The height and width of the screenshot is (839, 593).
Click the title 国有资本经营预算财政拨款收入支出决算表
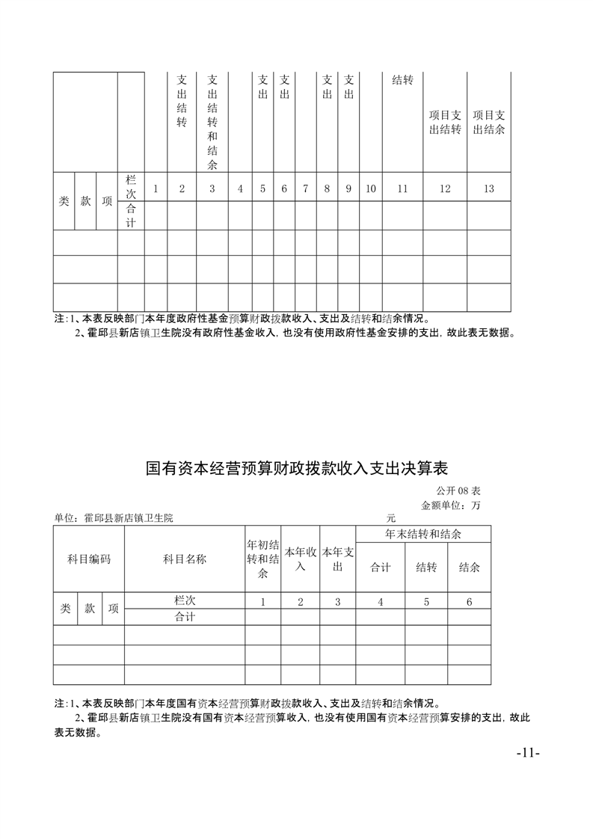click(x=296, y=469)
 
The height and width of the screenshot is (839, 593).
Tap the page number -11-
click(x=528, y=752)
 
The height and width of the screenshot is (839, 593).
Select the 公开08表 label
click(x=458, y=491)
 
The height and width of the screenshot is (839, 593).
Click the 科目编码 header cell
click(x=89, y=559)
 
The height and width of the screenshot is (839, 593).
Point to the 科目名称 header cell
click(x=185, y=559)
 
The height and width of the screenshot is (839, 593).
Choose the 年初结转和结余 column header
click(x=263, y=559)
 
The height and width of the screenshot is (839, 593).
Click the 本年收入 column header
click(x=301, y=559)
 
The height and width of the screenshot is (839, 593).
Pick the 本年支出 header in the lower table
click(x=337, y=559)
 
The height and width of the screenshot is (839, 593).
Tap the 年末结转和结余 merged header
click(x=423, y=534)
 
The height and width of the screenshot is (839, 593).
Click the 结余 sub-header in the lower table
click(x=469, y=567)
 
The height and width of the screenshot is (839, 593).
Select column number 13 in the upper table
click(x=488, y=188)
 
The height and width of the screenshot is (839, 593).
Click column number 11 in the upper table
click(x=402, y=188)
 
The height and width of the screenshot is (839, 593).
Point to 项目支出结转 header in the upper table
click(x=445, y=122)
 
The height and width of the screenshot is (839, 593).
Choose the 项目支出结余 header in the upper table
click(x=489, y=122)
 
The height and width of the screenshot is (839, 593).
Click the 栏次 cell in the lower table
click(x=185, y=600)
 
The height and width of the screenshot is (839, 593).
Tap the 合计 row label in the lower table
click(x=185, y=617)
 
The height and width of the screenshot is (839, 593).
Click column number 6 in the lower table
click(x=469, y=601)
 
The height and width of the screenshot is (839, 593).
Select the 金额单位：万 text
click(x=451, y=505)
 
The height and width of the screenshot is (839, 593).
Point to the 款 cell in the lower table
click(x=90, y=609)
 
